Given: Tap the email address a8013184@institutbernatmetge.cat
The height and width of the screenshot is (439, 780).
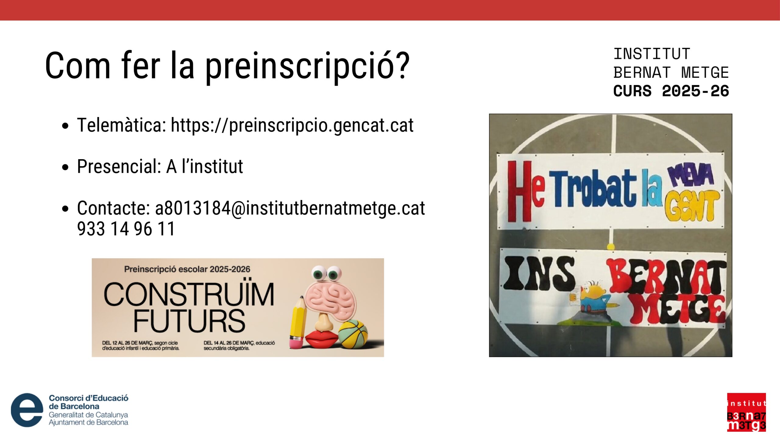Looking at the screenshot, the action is pyautogui.click(x=290, y=209).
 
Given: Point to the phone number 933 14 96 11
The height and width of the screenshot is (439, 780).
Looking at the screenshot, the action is pyautogui.click(x=126, y=229).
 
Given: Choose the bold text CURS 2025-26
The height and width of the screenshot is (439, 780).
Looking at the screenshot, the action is pyautogui.click(x=671, y=91).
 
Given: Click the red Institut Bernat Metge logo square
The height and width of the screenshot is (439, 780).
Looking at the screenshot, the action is pyautogui.click(x=746, y=412).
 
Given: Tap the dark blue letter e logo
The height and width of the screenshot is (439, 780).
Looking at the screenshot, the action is pyautogui.click(x=27, y=410).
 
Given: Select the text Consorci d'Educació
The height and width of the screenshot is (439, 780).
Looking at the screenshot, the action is pyautogui.click(x=89, y=398).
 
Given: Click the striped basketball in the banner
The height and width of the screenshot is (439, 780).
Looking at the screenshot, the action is pyautogui.click(x=353, y=334).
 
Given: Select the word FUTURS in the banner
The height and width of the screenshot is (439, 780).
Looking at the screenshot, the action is pyautogui.click(x=189, y=321).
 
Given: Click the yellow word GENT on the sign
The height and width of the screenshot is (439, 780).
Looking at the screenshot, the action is pyautogui.click(x=692, y=206).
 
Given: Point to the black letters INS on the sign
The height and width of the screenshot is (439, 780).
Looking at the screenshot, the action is pyautogui.click(x=539, y=273).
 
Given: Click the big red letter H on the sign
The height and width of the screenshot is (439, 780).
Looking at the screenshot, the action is pyautogui.click(x=519, y=191).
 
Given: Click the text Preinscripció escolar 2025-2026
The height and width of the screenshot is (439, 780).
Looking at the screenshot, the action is pyautogui.click(x=187, y=269).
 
